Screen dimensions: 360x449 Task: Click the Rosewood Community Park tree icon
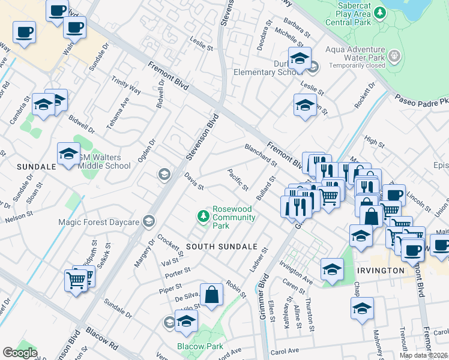[x=204, y=215]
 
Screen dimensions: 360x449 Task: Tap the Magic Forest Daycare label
[x=99, y=222]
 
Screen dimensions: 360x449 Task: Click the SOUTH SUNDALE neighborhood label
[x=221, y=247]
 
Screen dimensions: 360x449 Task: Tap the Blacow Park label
[x=200, y=346]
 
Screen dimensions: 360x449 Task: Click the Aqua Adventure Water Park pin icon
[x=394, y=56]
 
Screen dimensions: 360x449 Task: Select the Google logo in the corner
[x=20, y=353]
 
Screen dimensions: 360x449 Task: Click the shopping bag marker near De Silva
[x=211, y=295]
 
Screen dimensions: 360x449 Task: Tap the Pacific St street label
[x=238, y=180]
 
